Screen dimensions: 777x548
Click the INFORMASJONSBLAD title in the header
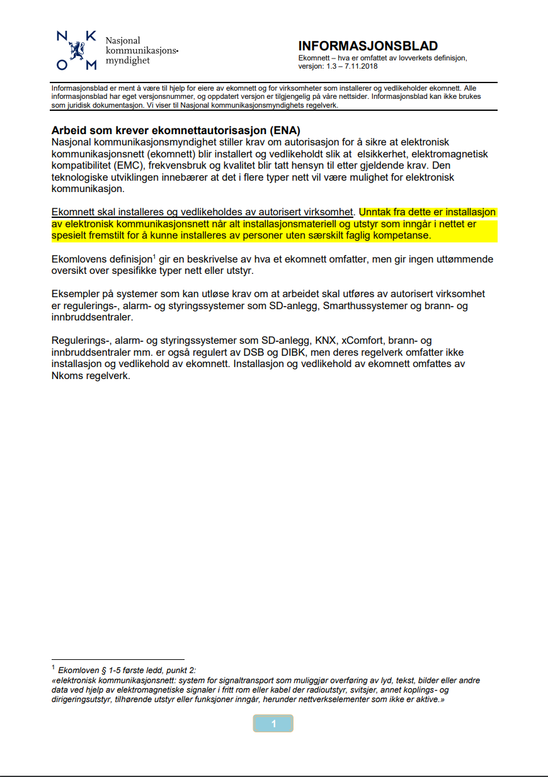(367, 46)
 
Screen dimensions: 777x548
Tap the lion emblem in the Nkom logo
(77, 49)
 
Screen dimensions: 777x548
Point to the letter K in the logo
(91, 37)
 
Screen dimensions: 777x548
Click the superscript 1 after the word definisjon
(154, 256)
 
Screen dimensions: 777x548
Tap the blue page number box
(273, 723)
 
